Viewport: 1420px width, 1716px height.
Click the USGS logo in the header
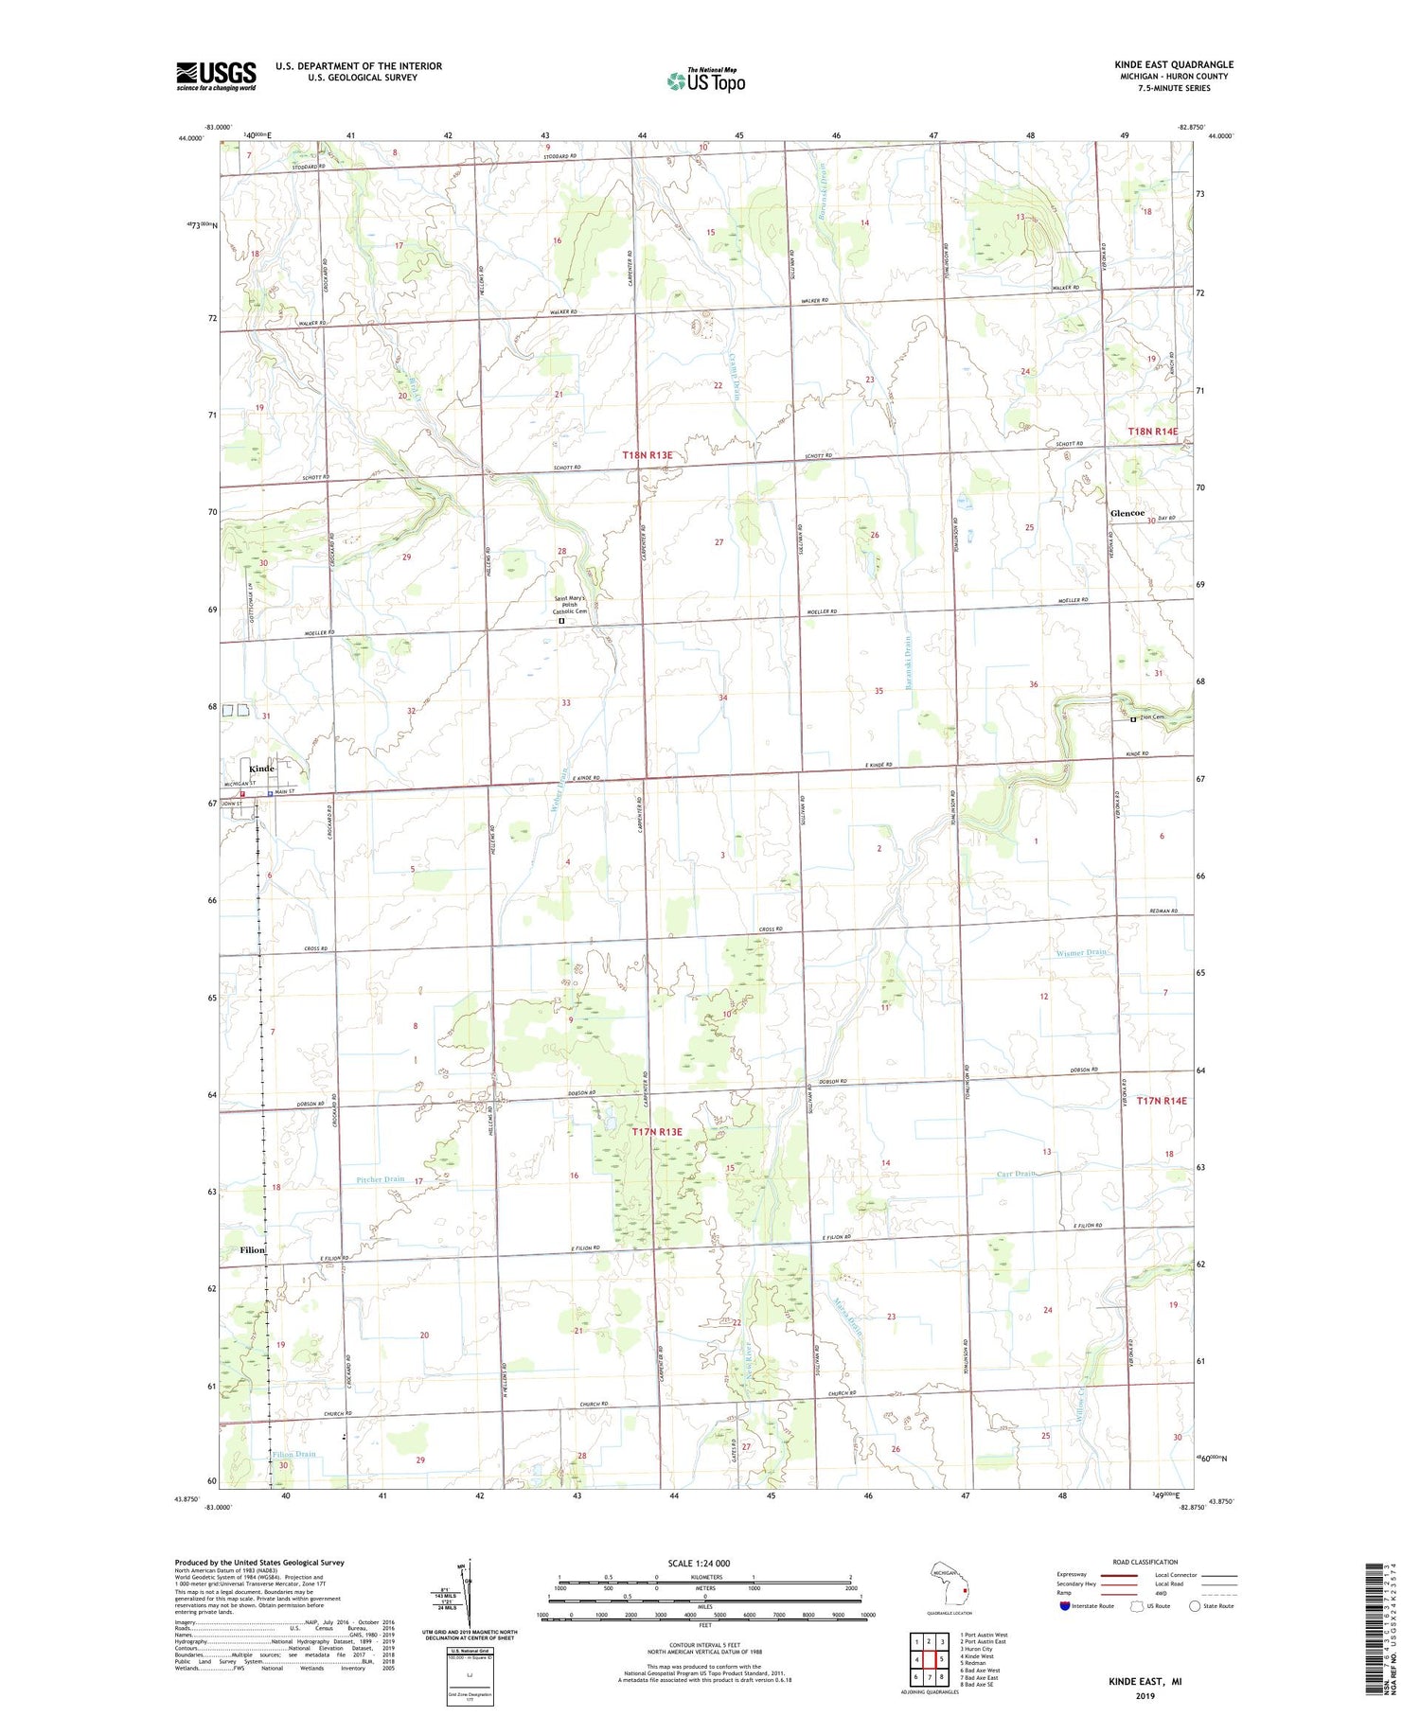pos(216,76)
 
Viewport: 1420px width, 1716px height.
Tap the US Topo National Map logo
pos(706,80)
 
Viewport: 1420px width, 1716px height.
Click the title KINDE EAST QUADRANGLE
pos(1173,64)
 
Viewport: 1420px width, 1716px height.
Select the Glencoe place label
pos(1127,513)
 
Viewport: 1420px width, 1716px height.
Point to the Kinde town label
pos(261,769)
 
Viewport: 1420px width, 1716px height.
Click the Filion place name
pos(252,1249)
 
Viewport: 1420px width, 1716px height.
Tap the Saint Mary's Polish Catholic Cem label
pos(570,605)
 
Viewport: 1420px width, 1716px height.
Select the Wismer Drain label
pos(1081,952)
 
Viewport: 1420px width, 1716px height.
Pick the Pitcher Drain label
pos(381,1179)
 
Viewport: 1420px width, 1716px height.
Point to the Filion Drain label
pos(293,1454)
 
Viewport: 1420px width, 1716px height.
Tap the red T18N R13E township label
pos(648,455)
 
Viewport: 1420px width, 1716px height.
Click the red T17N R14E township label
pos(1161,1101)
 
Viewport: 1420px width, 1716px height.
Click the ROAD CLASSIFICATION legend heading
pos(1145,1562)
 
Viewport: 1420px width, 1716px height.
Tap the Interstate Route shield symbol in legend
pos(1064,1606)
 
